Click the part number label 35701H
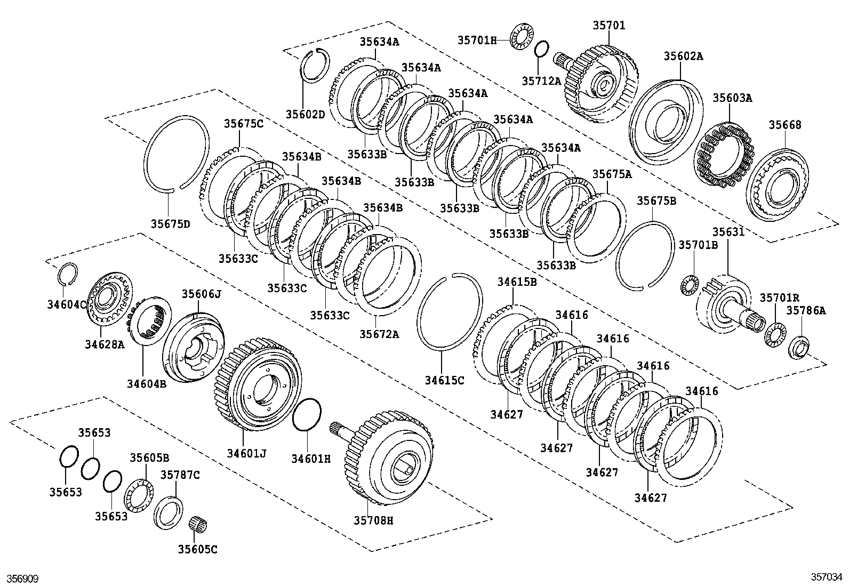click(476, 39)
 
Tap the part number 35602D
click(305, 114)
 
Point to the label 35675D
click(170, 224)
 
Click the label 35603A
click(732, 98)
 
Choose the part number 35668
click(784, 125)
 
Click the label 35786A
click(807, 311)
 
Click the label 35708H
click(373, 520)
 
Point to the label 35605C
click(197, 549)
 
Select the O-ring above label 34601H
click(307, 414)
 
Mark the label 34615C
click(444, 380)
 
